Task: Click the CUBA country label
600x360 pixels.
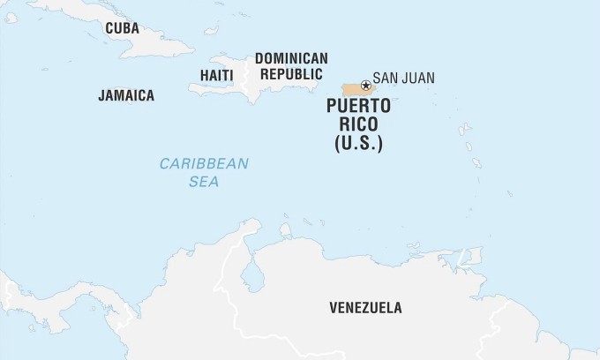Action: (x=122, y=28)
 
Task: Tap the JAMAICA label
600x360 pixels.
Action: (x=126, y=95)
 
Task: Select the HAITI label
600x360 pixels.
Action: (x=216, y=75)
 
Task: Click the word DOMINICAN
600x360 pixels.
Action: (x=291, y=58)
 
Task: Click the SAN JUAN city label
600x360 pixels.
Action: (x=403, y=79)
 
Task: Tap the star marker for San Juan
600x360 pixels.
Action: (x=365, y=86)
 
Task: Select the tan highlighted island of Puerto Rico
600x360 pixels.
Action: (x=353, y=90)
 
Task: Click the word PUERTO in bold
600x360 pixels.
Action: (x=358, y=108)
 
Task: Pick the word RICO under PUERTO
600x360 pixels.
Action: (x=358, y=125)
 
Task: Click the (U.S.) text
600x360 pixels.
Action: (x=358, y=143)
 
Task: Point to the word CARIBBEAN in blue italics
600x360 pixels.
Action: (x=204, y=163)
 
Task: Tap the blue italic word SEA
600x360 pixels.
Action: (x=204, y=182)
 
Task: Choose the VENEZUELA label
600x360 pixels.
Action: (x=365, y=308)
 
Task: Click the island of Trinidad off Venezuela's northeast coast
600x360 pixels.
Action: (x=467, y=257)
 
